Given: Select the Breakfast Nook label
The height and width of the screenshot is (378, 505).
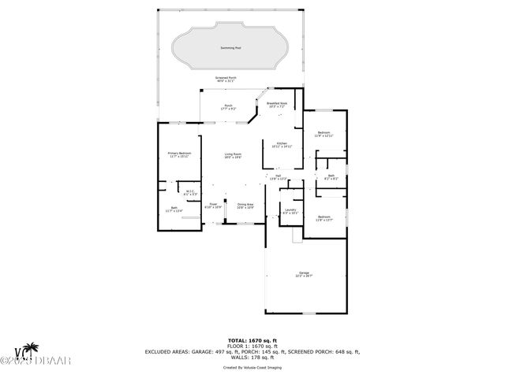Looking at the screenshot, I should [277, 104].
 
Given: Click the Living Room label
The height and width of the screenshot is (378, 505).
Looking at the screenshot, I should [232, 155].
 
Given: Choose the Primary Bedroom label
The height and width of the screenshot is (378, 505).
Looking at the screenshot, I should [179, 154].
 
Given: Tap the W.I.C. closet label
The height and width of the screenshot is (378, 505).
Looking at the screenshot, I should [190, 192].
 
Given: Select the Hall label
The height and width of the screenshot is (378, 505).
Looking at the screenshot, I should [278, 177].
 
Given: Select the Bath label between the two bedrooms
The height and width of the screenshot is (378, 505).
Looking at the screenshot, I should [331, 177].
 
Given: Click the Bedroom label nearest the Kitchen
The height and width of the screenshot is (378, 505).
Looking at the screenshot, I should [324, 134].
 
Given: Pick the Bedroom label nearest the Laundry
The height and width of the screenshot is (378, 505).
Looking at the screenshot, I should [324, 218].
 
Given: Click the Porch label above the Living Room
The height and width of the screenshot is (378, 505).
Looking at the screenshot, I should [228, 106].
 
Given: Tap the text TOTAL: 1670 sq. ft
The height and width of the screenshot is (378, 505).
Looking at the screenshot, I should [252, 338].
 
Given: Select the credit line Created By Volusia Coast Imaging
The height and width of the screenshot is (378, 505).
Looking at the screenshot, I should [252, 367].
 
